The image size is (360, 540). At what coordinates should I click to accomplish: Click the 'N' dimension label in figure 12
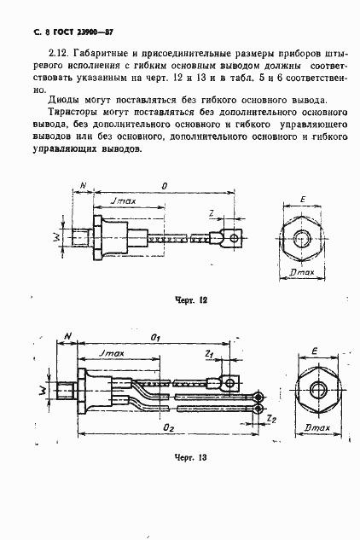tap(82, 186)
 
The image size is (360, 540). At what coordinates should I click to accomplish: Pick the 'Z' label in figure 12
tap(210, 212)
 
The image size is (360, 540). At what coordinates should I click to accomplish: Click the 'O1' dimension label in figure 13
tap(156, 339)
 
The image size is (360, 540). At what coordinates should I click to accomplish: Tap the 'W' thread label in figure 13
tap(45, 392)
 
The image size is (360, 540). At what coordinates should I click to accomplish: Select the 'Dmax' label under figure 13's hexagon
tap(316, 426)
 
